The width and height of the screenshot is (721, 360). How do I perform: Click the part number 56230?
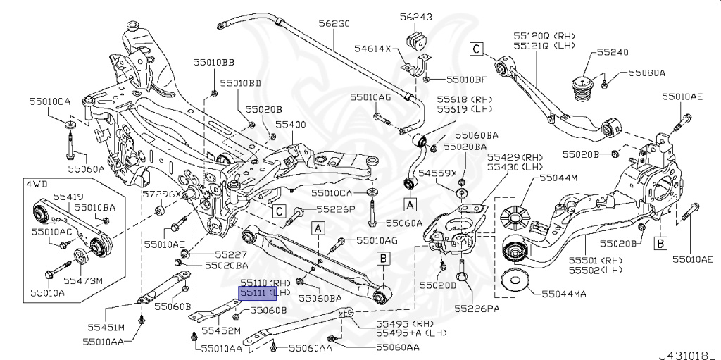pyautogui.click(x=334, y=23)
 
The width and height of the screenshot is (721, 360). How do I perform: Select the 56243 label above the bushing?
pyautogui.click(x=415, y=16)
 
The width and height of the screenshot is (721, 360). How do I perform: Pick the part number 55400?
pyautogui.click(x=290, y=125)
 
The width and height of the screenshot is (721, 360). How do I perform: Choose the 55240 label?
pyautogui.click(x=613, y=52)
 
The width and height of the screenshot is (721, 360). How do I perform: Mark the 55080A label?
pyautogui.click(x=646, y=73)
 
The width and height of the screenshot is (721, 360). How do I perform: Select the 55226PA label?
pyautogui.click(x=477, y=308)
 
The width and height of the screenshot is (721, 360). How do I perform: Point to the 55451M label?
pyautogui.click(x=106, y=328)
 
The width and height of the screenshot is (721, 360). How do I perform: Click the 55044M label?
pyautogui.click(x=558, y=178)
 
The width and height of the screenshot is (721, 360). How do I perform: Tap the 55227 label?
pyautogui.click(x=231, y=254)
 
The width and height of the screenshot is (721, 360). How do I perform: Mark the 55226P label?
pyautogui.click(x=335, y=209)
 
